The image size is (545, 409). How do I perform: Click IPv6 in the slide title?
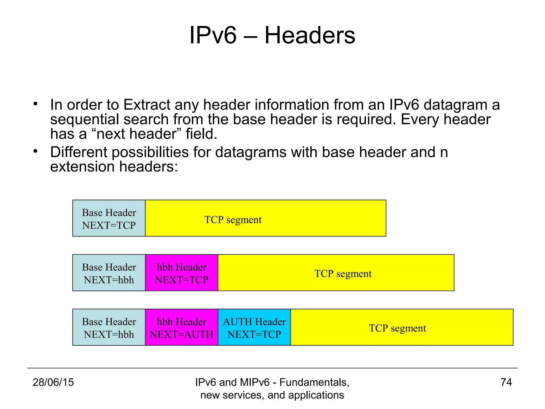213,35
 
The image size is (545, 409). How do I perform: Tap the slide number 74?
506,382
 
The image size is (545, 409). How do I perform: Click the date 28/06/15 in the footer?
53,382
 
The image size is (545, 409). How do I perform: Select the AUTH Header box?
254,327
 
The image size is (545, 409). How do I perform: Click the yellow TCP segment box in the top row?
266,218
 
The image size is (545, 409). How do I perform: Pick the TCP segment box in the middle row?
336,273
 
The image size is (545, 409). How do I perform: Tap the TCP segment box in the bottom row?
402,327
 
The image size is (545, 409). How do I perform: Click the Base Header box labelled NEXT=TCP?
109,218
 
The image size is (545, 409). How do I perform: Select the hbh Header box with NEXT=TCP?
181,273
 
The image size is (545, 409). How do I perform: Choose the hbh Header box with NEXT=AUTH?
181,327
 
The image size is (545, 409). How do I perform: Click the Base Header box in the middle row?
109,273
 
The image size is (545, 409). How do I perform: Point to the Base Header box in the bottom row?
109,327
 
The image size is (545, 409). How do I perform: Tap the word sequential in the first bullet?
84,119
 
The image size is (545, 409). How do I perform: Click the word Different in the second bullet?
79,152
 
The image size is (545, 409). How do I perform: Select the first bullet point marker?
35,104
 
